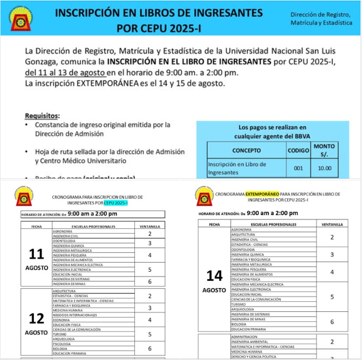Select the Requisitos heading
(x=42, y=115)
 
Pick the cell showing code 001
(x=298, y=168)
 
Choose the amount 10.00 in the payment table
(x=324, y=168)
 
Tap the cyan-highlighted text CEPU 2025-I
(x=116, y=202)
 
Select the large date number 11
(x=36, y=254)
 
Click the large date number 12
(x=36, y=319)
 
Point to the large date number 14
(x=214, y=275)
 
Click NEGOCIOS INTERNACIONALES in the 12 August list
(x=75, y=315)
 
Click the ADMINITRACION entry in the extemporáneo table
(x=244, y=337)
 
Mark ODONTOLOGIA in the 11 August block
(x=64, y=241)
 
